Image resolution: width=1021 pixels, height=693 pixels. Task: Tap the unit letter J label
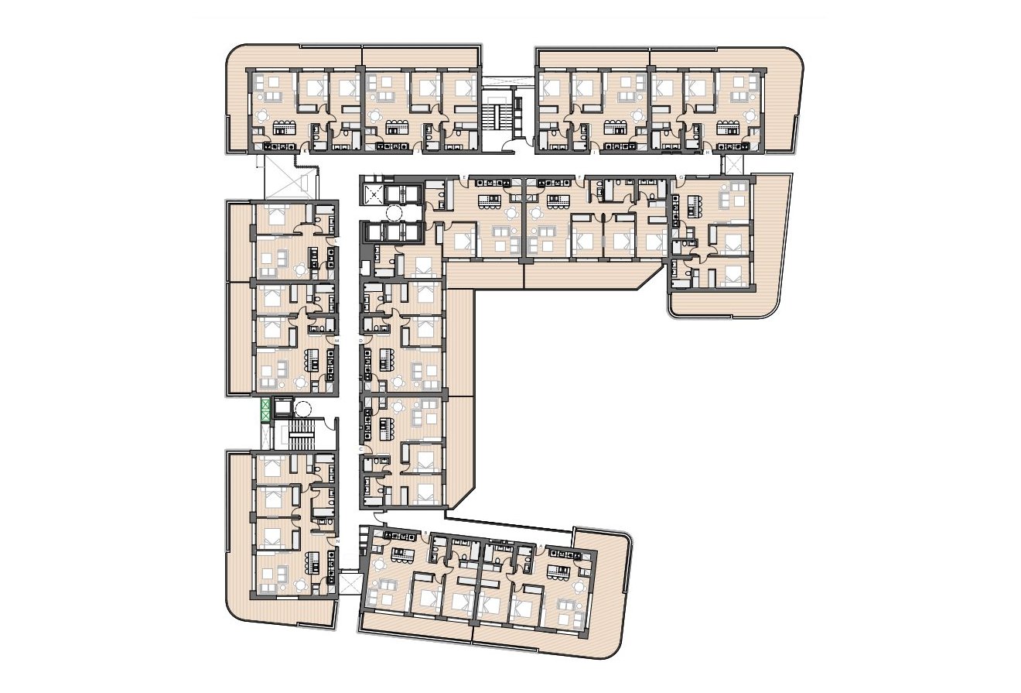[x=418, y=153]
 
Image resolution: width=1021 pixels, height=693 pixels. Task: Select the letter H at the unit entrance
[x=709, y=153]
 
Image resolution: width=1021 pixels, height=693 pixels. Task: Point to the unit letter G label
[x=681, y=178]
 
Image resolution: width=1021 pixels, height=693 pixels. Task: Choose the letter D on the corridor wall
[x=361, y=341]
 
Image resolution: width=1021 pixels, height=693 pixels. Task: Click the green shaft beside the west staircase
[x=266, y=409]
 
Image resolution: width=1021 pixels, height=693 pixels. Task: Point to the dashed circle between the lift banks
[x=395, y=213]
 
